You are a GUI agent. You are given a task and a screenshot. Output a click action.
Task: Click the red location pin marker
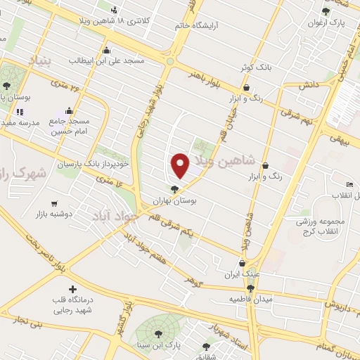click(x=181, y=166)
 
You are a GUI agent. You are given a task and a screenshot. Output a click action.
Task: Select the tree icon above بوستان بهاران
click(x=174, y=188)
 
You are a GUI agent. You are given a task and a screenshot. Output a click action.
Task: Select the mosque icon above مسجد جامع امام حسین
click(x=69, y=110)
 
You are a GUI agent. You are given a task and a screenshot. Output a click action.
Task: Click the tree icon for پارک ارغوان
click(x=325, y=11)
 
